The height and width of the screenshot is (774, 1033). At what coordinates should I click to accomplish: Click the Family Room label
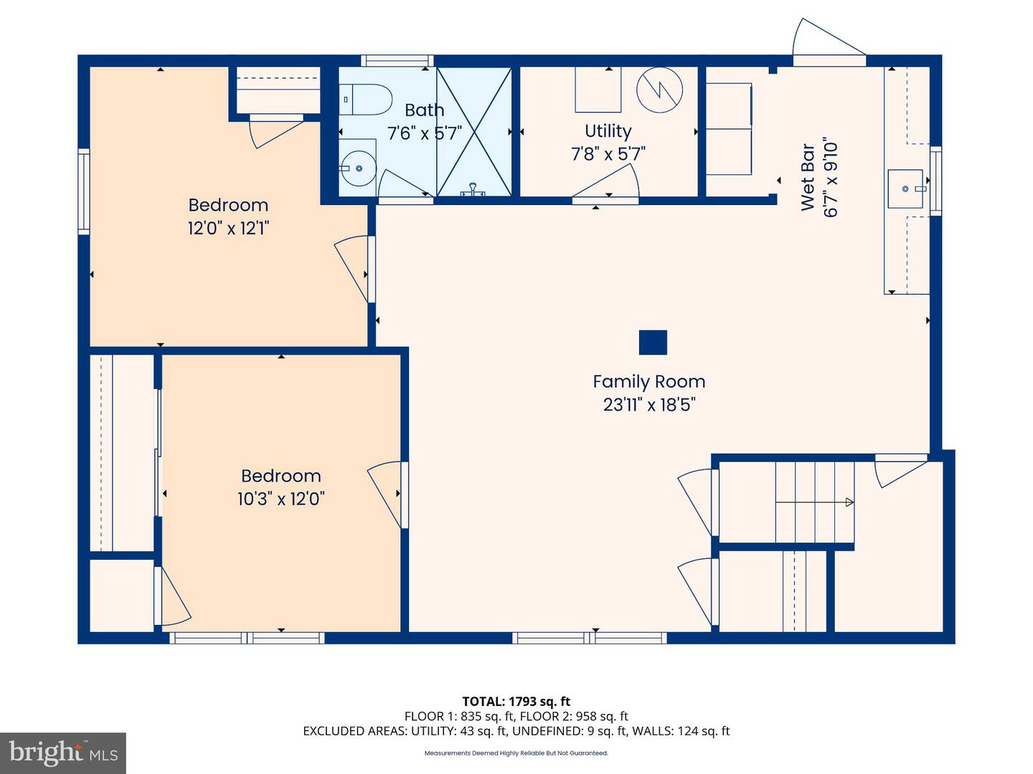point(648,382)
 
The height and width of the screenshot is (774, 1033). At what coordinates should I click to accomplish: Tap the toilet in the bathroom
point(367,99)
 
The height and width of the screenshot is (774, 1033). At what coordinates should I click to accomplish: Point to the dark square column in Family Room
point(653,343)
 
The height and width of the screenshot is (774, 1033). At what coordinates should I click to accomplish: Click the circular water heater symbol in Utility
point(659,90)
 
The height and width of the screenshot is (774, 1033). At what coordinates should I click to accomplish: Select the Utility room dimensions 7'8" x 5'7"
point(608,153)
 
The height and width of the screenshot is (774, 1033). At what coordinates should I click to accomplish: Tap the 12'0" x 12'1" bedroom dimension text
point(228,229)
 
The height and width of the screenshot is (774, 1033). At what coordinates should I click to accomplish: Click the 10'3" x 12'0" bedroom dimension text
point(280,499)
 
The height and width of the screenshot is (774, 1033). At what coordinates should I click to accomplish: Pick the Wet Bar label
point(808,178)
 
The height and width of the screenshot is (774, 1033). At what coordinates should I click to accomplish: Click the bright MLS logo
point(63,752)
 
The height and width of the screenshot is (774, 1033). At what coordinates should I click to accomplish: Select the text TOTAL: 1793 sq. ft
point(516,702)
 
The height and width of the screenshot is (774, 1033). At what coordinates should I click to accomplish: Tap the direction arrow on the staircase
point(849,502)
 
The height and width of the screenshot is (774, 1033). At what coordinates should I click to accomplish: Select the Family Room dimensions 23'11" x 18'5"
point(648,405)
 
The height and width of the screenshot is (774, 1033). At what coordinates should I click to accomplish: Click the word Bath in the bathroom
point(424,110)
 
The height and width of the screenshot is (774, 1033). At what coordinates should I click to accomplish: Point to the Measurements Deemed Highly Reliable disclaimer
point(516,753)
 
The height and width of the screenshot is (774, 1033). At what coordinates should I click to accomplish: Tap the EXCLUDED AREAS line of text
point(516,731)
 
